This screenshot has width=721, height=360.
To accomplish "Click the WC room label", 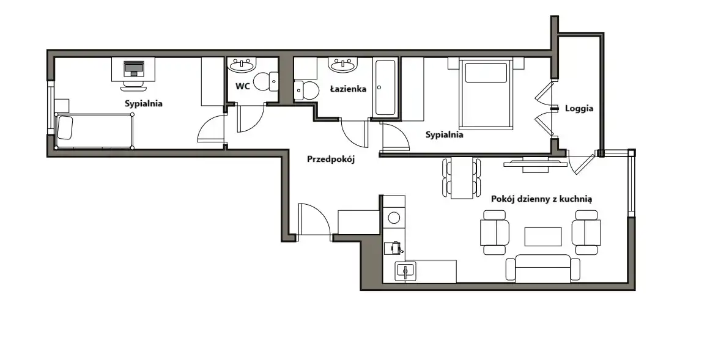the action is coord(242,86).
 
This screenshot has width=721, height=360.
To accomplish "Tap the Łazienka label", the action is coord(348,88).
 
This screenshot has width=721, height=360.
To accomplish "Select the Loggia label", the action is coord(579,109).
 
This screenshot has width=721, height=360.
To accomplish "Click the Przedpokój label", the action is coord(331,160).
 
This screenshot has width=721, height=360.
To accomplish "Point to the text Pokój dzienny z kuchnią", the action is coord(541,199).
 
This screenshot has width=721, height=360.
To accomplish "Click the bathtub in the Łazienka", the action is coord(385,87).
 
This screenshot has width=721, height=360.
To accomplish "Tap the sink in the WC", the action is coord(242,65).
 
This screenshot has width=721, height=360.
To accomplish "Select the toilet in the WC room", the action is coord(266,81).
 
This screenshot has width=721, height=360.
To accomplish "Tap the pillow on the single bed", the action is coord(65,127).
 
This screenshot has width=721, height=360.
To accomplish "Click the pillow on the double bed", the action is coord(486,73).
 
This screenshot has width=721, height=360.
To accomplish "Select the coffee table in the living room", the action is coord(543,237).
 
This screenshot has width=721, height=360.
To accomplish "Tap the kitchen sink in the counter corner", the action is coord(405,271).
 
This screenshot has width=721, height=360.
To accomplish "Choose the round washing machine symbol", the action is coord(394,217).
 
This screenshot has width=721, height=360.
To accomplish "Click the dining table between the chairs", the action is coord(462,178).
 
